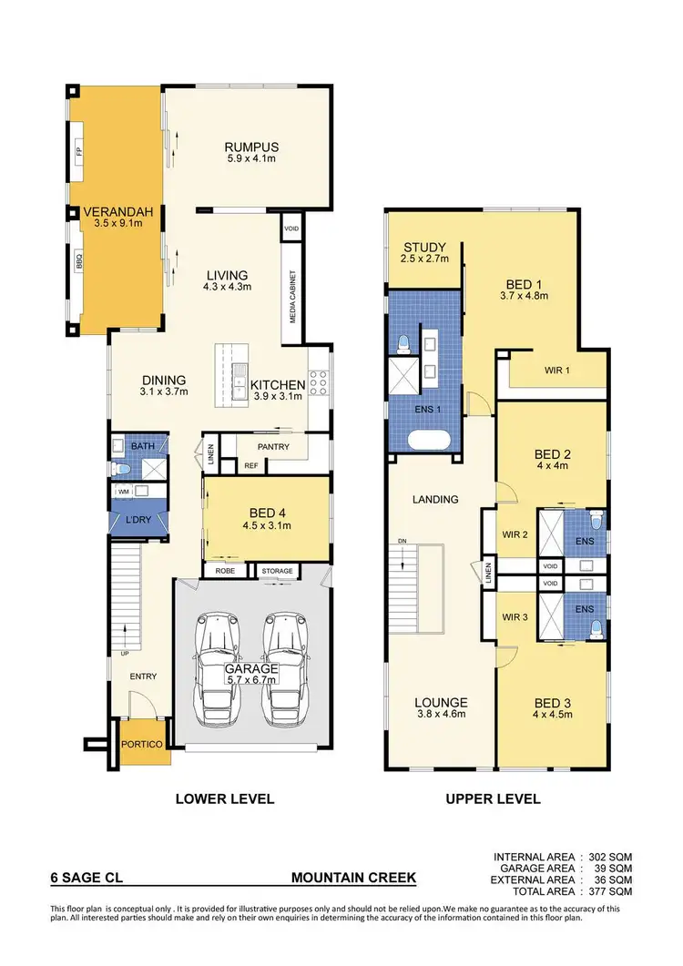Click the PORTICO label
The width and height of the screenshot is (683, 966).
[x=140, y=745]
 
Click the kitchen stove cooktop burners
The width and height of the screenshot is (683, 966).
[x=320, y=383]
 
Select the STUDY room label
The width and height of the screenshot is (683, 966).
[x=423, y=247]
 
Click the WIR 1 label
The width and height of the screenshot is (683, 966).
[x=557, y=371]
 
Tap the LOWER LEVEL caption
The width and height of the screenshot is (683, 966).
[x=225, y=799]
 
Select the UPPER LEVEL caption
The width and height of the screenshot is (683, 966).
[x=493, y=799]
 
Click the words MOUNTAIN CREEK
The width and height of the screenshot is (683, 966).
[x=353, y=879]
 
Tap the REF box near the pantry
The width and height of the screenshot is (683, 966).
[x=251, y=465]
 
